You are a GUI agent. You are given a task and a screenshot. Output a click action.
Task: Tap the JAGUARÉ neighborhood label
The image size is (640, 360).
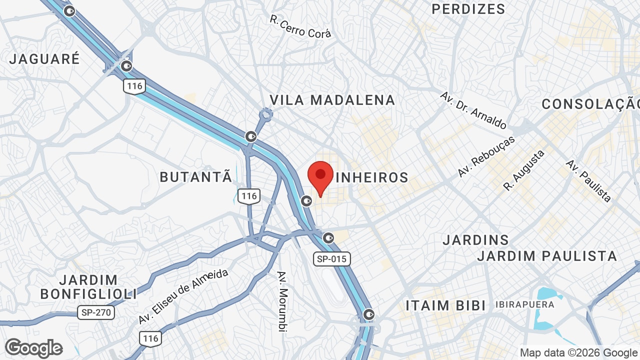[x=44, y=58]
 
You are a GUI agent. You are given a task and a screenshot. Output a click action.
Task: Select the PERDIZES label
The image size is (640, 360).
[x=468, y=9]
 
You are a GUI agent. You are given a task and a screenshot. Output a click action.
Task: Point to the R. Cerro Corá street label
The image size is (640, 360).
[x=300, y=26]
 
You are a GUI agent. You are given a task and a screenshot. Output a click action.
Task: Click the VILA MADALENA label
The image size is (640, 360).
[x=332, y=100]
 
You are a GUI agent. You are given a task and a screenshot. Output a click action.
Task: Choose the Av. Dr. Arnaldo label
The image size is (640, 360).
[x=473, y=110]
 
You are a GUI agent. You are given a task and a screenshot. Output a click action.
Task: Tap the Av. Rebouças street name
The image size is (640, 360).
[x=486, y=156]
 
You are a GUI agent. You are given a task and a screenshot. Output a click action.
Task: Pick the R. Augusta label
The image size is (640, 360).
[x=524, y=170]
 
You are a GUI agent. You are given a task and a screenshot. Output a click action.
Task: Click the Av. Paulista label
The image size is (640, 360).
[x=589, y=180]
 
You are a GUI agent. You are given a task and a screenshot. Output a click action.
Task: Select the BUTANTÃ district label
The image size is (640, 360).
[x=196, y=176]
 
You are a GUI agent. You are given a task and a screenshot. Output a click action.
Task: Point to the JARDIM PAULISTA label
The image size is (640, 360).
[x=547, y=256]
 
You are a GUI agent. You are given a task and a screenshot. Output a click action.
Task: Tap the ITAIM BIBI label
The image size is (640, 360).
[x=446, y=305]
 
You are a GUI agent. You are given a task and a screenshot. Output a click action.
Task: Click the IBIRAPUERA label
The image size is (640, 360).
[x=525, y=304]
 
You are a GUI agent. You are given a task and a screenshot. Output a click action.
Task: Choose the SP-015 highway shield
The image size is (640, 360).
[x=332, y=258]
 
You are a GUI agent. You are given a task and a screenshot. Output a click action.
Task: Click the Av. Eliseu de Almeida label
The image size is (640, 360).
[x=183, y=296]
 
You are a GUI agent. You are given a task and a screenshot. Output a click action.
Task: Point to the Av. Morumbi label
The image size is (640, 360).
[x=283, y=301]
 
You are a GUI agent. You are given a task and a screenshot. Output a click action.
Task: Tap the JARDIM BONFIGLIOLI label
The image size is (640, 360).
[x=88, y=287]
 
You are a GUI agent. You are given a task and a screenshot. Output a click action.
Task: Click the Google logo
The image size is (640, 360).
[x=34, y=348]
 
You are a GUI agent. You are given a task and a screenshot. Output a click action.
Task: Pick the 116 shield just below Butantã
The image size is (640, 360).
[x=249, y=195]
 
